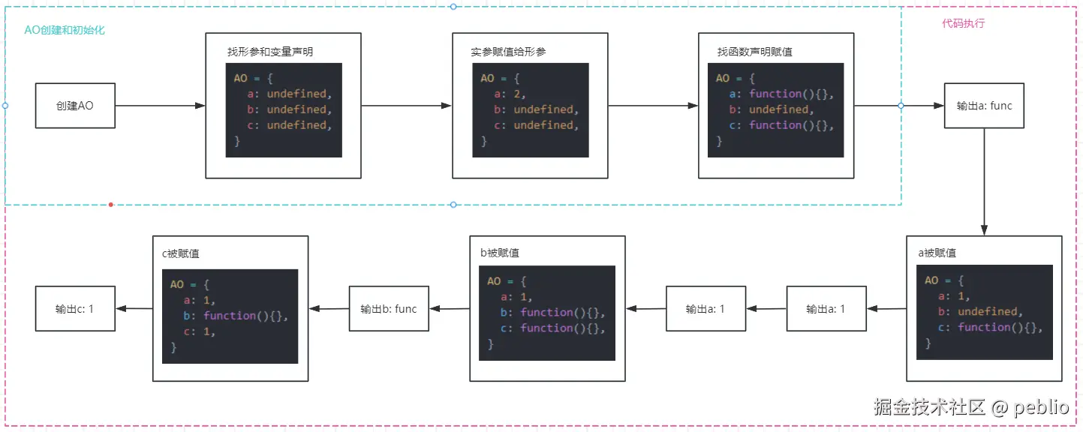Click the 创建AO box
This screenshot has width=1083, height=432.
pyautogui.click(x=75, y=105)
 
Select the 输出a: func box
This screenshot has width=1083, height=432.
pyautogui.click(x=984, y=105)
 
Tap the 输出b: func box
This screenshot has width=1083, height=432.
pyautogui.click(x=389, y=308)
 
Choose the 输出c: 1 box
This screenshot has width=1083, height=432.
pyautogui.click(x=75, y=308)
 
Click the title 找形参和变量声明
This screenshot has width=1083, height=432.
pyautogui.click(x=270, y=52)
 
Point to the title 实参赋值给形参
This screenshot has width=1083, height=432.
pyautogui.click(x=508, y=52)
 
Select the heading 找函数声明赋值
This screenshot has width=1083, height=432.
pyautogui.click(x=755, y=52)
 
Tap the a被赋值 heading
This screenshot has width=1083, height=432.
pyautogui.click(x=937, y=253)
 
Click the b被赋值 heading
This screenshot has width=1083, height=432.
pyautogui.click(x=499, y=253)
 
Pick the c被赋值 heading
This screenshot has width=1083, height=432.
pyautogui.click(x=180, y=253)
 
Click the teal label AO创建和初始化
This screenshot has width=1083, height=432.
pyautogui.click(x=65, y=30)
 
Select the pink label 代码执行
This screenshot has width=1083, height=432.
pyautogui.click(x=963, y=23)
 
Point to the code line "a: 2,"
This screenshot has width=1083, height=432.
pyautogui.click(x=510, y=94)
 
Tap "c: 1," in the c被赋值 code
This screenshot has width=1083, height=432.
pyautogui.click(x=199, y=331)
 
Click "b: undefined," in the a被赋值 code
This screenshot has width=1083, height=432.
pyautogui.click(x=980, y=312)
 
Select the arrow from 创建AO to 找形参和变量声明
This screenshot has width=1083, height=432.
pyautogui.click(x=161, y=105)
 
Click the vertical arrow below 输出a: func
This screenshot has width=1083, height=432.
pyautogui.click(x=984, y=181)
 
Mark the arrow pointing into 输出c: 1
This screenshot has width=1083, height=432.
pyautogui.click(x=134, y=308)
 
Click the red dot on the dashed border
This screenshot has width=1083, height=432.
pyautogui.click(x=111, y=205)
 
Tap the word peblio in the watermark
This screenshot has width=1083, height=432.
pyautogui.click(x=1041, y=406)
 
